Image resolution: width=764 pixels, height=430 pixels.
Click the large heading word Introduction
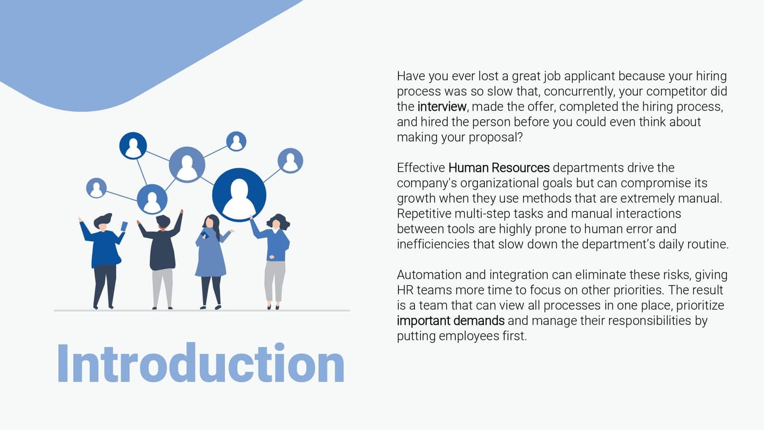(x=201, y=364)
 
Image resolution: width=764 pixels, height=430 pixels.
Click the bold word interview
(x=441, y=106)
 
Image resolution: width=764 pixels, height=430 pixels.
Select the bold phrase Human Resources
(x=499, y=168)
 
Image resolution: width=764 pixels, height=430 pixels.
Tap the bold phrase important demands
(x=450, y=321)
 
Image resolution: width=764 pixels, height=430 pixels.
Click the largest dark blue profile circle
(x=239, y=194)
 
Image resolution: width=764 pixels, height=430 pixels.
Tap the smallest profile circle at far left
(x=96, y=188)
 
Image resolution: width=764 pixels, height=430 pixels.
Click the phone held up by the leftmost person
(x=124, y=226)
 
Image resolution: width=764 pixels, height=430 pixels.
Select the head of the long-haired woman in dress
(x=210, y=221)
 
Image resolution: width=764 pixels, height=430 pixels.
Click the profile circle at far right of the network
(x=290, y=160)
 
